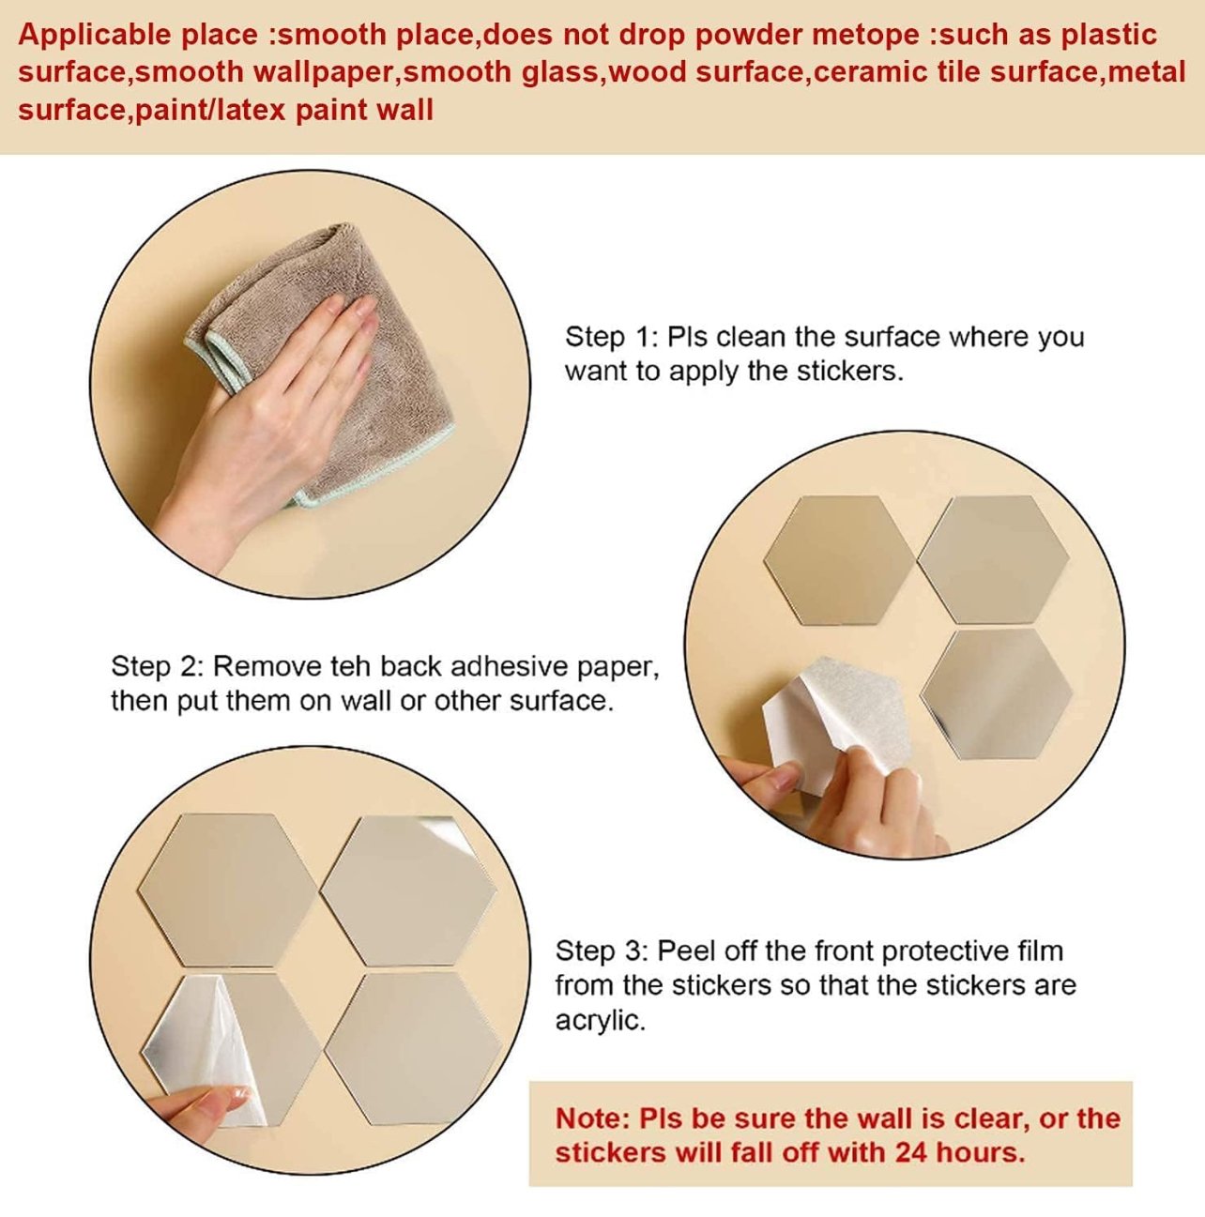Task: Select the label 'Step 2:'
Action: point(157,667)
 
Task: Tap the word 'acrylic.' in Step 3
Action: point(601,1021)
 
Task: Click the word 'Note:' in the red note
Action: point(593,1118)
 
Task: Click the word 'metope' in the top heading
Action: point(865,35)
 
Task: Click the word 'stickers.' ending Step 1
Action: point(850,372)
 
